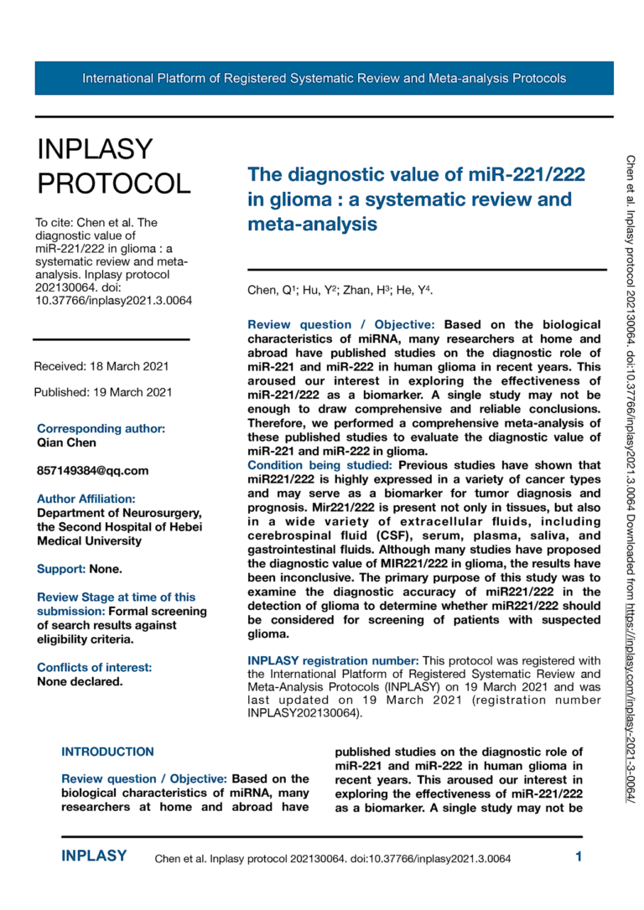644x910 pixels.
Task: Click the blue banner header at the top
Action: click(x=324, y=79)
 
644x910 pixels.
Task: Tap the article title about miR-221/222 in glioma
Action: click(x=416, y=199)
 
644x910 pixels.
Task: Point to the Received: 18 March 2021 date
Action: click(x=101, y=366)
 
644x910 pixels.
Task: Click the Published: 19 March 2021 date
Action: click(x=103, y=392)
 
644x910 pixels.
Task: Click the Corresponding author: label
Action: click(x=101, y=428)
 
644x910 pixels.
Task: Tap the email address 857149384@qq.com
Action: click(x=92, y=470)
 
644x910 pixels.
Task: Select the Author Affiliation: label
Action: click(x=86, y=499)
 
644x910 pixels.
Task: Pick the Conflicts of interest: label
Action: click(x=95, y=667)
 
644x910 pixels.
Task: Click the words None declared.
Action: click(x=80, y=681)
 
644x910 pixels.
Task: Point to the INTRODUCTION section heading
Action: click(x=107, y=752)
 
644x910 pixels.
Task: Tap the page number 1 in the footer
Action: click(x=579, y=856)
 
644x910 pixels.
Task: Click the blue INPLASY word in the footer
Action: click(x=94, y=856)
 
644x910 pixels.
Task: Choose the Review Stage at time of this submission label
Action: click(x=116, y=603)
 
